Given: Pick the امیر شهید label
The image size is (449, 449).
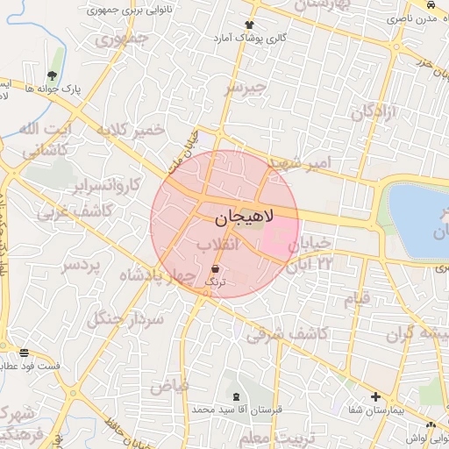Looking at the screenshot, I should click(x=300, y=162).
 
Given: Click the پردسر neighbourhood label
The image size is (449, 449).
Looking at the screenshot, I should click(x=82, y=264).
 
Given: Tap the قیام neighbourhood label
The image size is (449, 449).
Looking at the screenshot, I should click(x=358, y=298).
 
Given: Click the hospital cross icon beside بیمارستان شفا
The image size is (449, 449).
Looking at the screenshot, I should click(x=376, y=396).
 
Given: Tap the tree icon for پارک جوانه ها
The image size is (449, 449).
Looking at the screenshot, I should click(x=53, y=75).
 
